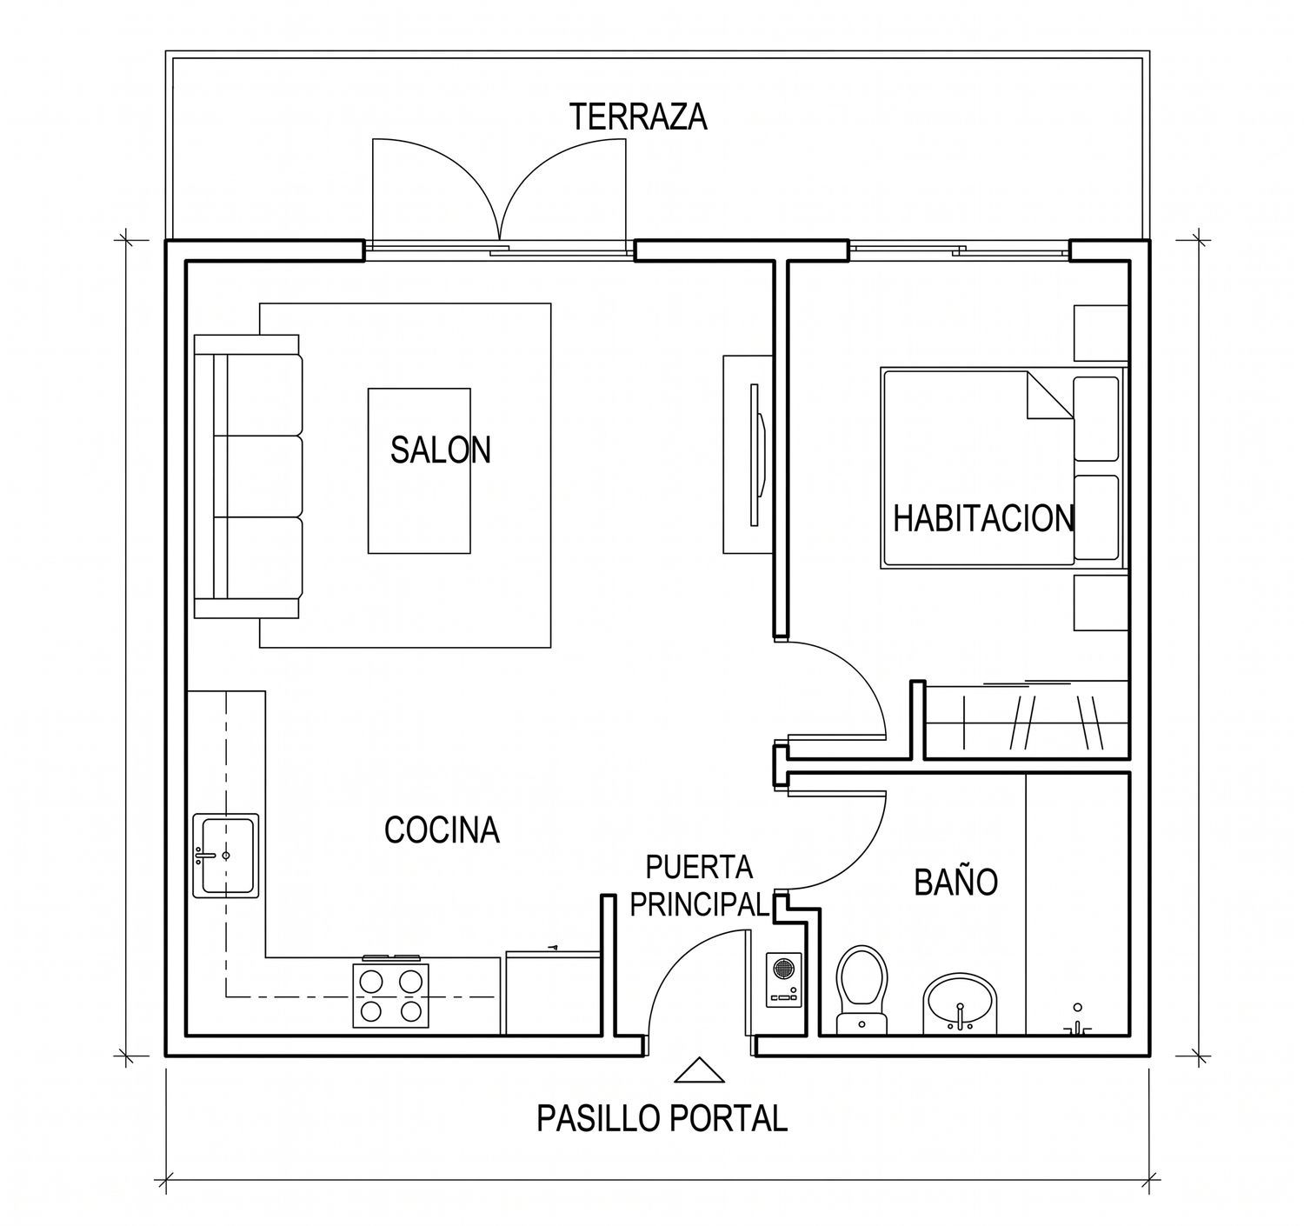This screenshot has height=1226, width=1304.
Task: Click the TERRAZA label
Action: coord(638,117)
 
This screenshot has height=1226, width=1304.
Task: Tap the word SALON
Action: coord(441,450)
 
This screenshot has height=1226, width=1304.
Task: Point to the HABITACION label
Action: coord(983,518)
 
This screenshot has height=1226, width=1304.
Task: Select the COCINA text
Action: coord(442,830)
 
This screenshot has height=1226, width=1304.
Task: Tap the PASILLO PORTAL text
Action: coord(662,1118)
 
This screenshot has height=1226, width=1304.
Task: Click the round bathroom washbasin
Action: coord(960,1004)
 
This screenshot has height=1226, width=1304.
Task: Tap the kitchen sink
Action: coord(226,856)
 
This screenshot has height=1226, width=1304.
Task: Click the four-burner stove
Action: coord(390,994)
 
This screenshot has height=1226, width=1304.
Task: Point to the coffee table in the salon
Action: coord(419,471)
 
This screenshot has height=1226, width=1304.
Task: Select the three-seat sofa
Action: coord(248,476)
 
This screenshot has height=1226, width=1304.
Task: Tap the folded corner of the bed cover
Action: coord(1049,395)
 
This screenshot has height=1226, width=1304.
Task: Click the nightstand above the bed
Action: coord(1101,333)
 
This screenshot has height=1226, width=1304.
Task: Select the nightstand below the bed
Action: coord(1101,603)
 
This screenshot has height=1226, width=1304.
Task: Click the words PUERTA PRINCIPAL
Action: coord(699,886)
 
